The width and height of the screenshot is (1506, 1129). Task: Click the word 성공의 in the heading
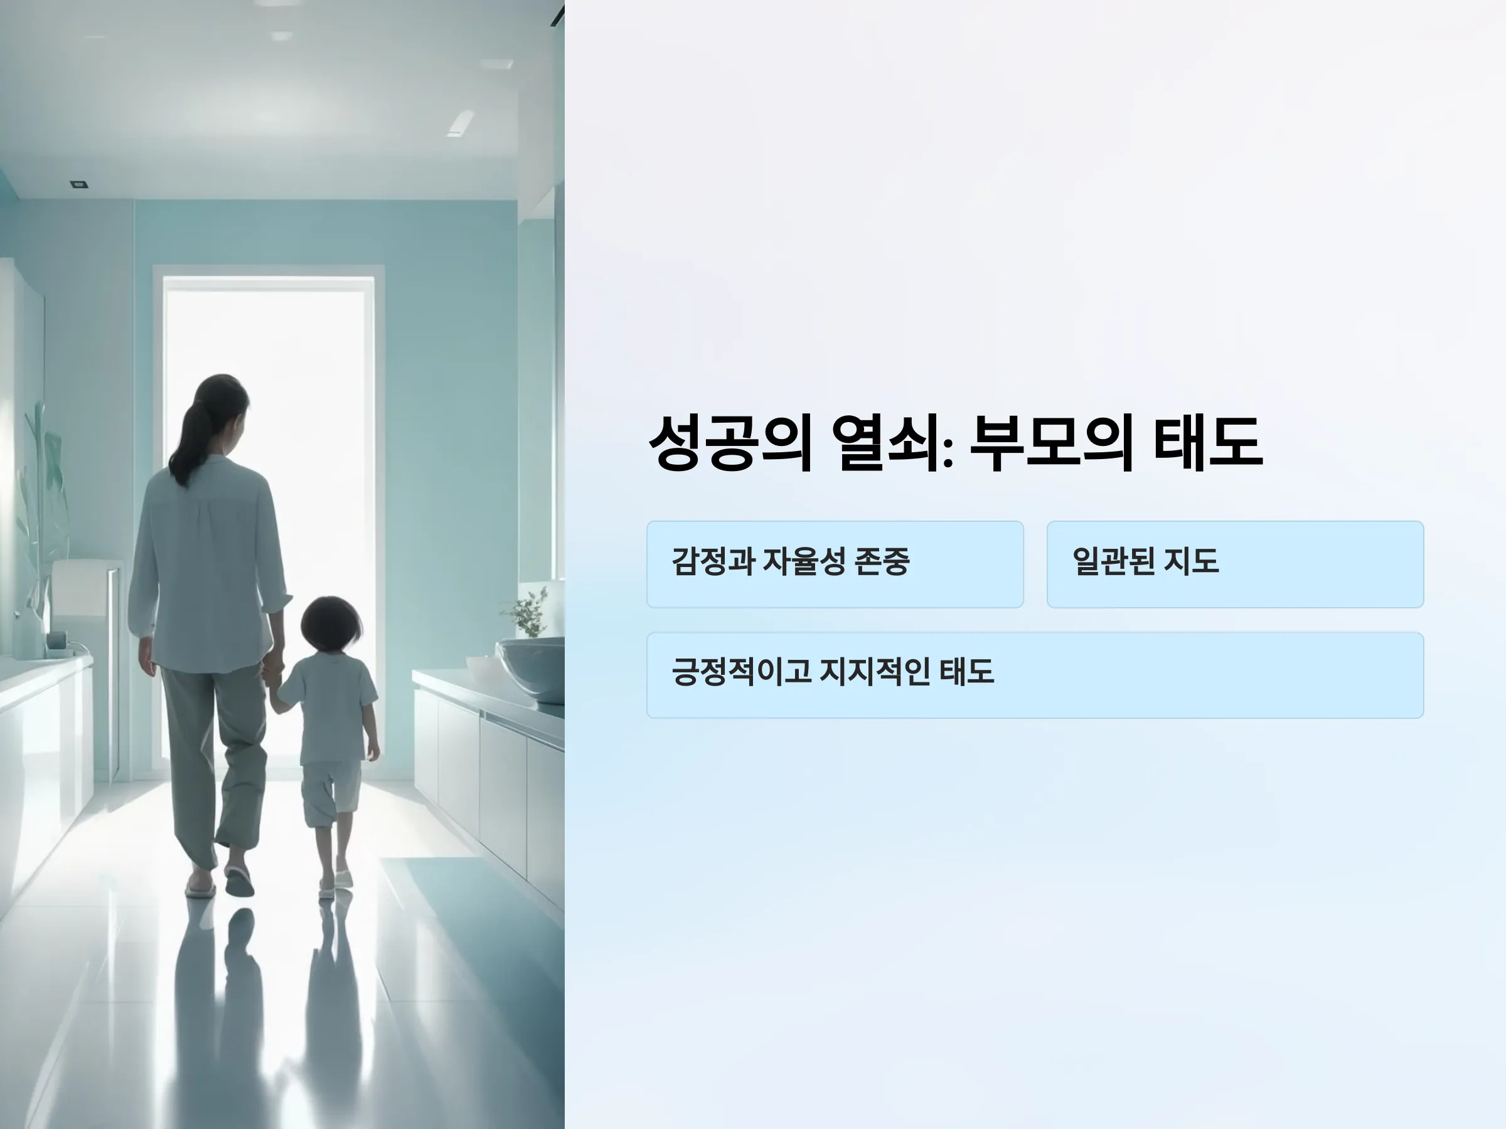tap(730, 443)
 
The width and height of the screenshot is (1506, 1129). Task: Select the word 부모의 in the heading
tap(1051, 443)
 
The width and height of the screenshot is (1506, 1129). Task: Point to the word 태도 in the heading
tap(1209, 443)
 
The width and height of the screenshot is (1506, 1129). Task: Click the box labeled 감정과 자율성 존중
tap(835, 564)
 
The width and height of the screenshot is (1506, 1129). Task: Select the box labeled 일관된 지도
tap(1235, 564)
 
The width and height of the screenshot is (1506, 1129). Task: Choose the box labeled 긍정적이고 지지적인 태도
tap(1035, 675)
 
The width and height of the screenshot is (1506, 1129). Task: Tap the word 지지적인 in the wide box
tap(875, 672)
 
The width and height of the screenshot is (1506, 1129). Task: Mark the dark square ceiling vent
tap(79, 184)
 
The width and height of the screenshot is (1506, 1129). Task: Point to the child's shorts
tap(331, 793)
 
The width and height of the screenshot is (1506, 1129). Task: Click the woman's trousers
tap(213, 766)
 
